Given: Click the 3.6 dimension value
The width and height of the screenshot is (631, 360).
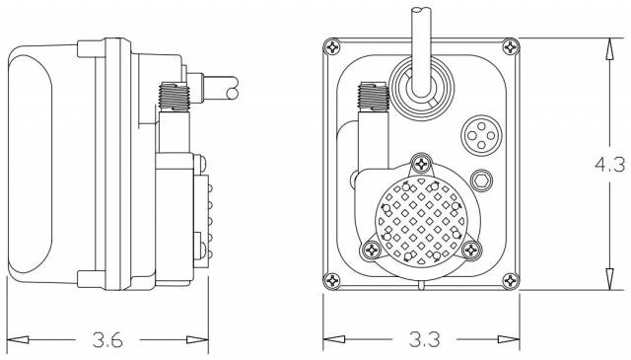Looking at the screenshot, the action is [x=107, y=340].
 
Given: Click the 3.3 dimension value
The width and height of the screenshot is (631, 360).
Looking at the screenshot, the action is [x=425, y=340].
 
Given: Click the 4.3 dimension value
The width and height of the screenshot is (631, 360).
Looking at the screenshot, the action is [x=609, y=165].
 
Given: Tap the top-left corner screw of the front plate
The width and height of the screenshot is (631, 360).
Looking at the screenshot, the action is [x=333, y=47].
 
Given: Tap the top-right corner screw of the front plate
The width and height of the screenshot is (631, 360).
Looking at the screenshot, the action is [x=511, y=47].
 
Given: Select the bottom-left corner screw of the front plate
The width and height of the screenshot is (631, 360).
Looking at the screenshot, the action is [x=332, y=280].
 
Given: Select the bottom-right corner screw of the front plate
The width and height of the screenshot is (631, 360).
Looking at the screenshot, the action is [x=511, y=280].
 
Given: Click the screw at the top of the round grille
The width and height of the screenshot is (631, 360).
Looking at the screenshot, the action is [x=422, y=164].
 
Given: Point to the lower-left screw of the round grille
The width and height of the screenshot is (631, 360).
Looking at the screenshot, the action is [x=372, y=251].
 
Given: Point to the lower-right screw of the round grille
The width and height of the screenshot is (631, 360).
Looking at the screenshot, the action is [x=471, y=251].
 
